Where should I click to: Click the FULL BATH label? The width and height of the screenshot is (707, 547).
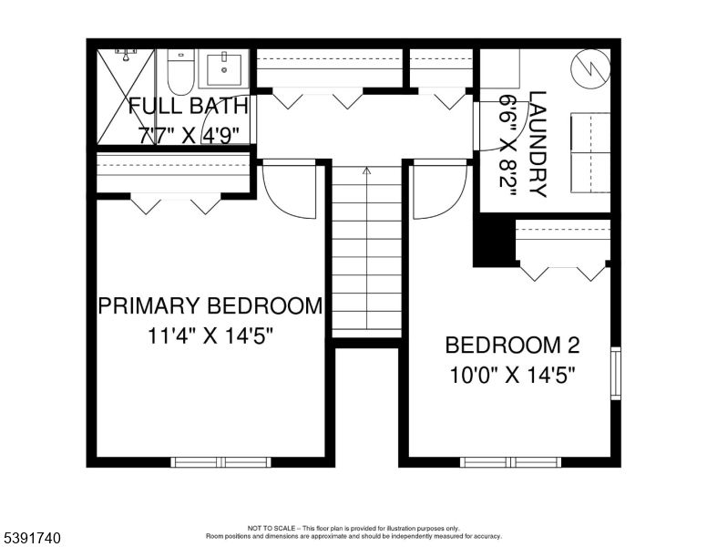click(188, 105)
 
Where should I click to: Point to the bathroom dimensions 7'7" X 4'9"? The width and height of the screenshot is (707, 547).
click(189, 134)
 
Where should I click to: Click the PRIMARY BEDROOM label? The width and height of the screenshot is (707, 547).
click(210, 305)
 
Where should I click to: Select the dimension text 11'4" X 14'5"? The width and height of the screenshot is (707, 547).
click(210, 335)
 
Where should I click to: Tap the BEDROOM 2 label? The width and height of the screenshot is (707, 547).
click(512, 346)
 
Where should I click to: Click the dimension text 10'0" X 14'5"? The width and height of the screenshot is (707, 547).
click(512, 374)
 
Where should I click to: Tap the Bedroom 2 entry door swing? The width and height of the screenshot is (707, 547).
click(438, 191)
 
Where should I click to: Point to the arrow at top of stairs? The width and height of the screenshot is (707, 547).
click(366, 170)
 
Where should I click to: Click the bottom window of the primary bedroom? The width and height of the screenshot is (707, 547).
click(221, 462)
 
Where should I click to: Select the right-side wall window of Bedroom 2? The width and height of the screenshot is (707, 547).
click(615, 373)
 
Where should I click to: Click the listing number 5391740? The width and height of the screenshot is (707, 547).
click(31, 538)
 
